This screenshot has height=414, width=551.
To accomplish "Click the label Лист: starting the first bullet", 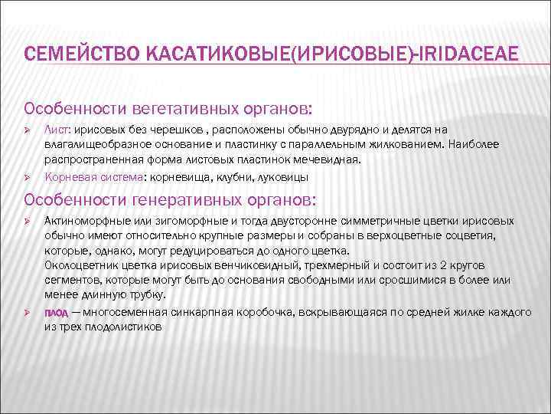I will [x=58, y=130].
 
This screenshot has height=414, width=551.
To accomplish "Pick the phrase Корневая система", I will [x=91, y=176].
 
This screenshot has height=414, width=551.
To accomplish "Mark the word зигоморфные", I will [x=179, y=222].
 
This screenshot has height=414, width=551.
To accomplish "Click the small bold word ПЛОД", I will [x=56, y=313].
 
